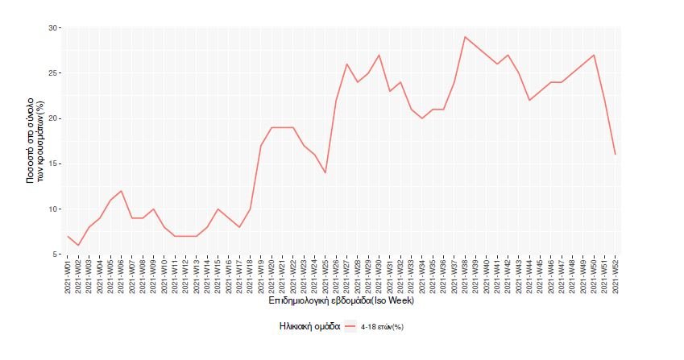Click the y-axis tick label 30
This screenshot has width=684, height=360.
(54, 28)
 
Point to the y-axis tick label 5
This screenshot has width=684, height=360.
(56, 254)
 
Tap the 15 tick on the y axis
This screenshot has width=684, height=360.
(54, 164)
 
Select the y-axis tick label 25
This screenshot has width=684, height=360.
(54, 73)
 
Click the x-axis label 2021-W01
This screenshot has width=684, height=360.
(68, 275)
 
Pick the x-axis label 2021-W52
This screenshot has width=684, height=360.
(616, 275)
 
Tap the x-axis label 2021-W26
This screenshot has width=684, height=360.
(336, 275)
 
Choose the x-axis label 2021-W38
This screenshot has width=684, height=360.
(465, 275)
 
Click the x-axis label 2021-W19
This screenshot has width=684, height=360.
(261, 275)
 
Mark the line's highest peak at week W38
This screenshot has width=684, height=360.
(465, 37)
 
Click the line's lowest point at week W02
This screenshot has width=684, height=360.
(78, 245)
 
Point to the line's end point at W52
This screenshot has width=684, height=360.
(616, 154)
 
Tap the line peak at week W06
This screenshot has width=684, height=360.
(121, 191)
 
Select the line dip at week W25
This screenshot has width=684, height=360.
(325, 172)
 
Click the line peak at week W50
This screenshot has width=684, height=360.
(594, 55)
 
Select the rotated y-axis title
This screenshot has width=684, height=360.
(36, 142)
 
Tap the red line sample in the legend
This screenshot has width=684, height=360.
(350, 327)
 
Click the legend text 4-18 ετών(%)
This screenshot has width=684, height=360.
(388, 328)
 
